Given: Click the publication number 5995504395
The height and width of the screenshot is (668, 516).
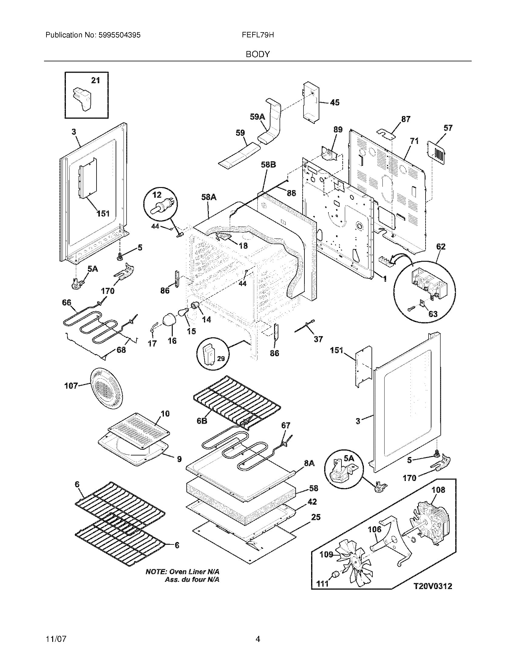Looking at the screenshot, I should pos(120,35).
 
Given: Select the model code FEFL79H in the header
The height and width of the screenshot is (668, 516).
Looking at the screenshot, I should pos(257,35).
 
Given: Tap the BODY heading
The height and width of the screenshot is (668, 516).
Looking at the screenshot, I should pos(258,54).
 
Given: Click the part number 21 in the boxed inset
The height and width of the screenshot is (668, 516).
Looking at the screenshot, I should pos(95,80).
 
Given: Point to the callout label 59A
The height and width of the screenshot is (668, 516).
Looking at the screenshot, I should pos(257,117).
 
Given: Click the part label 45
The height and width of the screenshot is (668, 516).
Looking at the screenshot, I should pos(335,102).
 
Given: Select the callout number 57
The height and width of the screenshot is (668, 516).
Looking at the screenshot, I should pos(448,128).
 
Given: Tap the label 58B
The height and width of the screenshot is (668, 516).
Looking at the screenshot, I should pos(268,165).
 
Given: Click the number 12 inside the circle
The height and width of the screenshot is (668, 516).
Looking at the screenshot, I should pos(157,195).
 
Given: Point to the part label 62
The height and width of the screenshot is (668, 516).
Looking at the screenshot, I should pos(440,247).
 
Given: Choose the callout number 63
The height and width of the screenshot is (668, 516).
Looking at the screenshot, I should pos(433,314).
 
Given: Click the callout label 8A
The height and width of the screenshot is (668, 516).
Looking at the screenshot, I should pos(309,463).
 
